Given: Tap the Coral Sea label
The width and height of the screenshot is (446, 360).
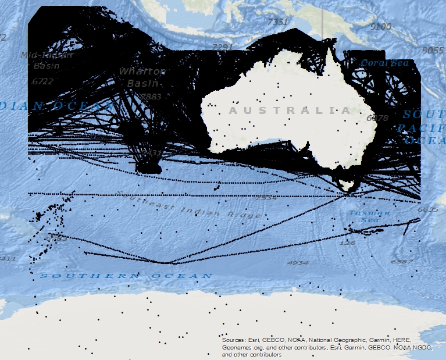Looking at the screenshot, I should tap(384, 63).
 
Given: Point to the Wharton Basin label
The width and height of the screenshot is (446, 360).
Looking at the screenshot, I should tap(142, 76).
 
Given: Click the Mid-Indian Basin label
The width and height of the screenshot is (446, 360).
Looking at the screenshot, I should tap(46, 60).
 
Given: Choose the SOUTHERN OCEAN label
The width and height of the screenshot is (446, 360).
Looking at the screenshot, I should tap(126, 275).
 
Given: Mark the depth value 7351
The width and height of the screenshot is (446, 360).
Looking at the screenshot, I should tap(277, 22).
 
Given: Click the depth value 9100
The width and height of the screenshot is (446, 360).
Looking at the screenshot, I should tap(381, 26).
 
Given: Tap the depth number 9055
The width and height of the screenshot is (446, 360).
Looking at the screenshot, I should tap(433, 50).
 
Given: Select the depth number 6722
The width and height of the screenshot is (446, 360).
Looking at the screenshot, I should tap(42, 81).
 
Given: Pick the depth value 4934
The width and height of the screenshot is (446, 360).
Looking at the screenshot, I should tap(298, 263).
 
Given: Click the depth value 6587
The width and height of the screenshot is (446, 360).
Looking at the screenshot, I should tap(401, 262).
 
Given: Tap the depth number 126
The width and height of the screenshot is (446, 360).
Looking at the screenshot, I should tap(348, 243).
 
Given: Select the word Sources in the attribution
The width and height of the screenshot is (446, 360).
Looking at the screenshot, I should tap(234, 340).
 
